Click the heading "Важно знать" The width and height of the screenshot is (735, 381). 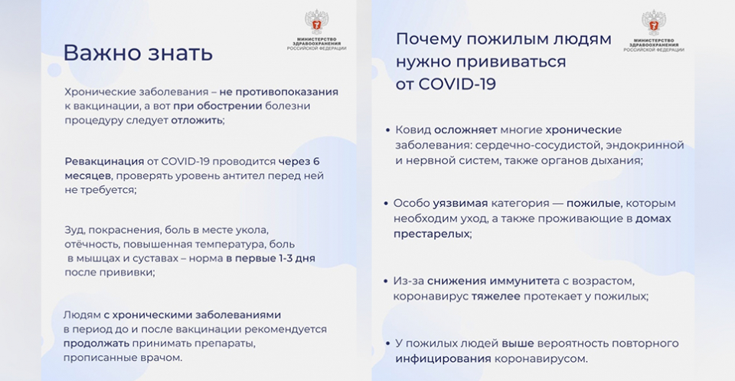click(138, 53)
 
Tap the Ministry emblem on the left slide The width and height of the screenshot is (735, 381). click(316, 22)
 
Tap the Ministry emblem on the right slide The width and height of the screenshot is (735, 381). click(653, 22)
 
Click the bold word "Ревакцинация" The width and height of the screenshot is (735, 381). click(104, 162)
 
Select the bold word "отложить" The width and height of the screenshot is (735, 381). click(197, 120)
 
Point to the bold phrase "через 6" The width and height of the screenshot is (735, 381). click(299, 162)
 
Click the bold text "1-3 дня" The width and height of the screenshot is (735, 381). click(294, 258)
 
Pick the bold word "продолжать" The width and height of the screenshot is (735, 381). click(96, 343)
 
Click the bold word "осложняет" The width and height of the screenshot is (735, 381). click(465, 130)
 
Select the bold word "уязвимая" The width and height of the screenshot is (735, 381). click(460, 204)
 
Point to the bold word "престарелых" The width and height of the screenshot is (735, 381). click(431, 234)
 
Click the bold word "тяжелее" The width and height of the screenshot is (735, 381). click(496, 297)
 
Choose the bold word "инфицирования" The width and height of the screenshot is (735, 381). click(443, 360)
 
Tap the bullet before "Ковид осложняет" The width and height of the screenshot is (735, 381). click(387, 130)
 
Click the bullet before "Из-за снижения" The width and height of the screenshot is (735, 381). click(386, 281)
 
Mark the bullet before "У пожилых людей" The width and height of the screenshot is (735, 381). click(387, 344)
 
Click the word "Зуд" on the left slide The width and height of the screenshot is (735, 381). click(74, 232)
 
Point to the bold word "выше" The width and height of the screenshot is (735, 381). click(518, 344)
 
